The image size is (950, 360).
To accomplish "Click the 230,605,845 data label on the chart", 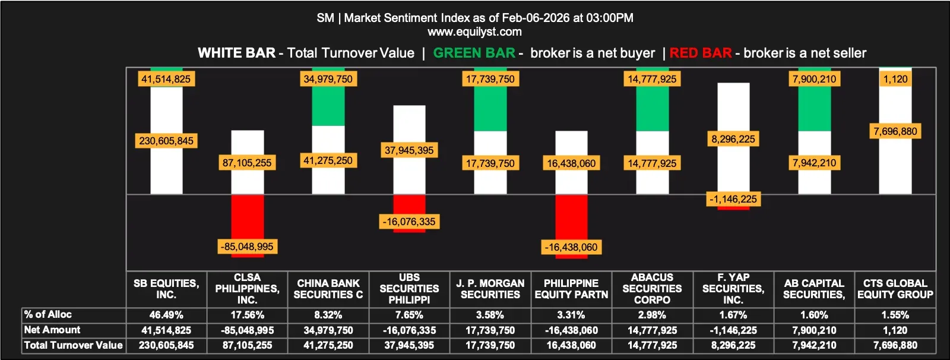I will click(x=166, y=141).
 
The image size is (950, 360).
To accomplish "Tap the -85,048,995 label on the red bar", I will click(x=247, y=247).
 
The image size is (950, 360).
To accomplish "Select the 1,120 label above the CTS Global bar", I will click(x=895, y=79).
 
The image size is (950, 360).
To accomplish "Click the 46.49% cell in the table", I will click(x=166, y=315).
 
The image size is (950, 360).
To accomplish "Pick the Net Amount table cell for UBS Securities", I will click(x=409, y=330).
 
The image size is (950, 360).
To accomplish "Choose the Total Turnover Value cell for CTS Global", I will click(x=895, y=345).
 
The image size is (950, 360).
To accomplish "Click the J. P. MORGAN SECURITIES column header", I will click(x=490, y=289).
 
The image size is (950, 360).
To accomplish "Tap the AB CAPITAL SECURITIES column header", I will click(x=814, y=289).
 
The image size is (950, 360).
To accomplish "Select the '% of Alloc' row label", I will click(x=48, y=314).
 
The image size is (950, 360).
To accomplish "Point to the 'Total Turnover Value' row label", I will click(x=73, y=345).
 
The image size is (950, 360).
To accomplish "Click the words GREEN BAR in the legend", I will click(x=474, y=53).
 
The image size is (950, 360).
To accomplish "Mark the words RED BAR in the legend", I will click(x=701, y=53).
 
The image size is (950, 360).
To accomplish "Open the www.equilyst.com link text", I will click(x=474, y=31).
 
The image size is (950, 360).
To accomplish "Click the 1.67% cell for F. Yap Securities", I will click(x=733, y=315).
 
